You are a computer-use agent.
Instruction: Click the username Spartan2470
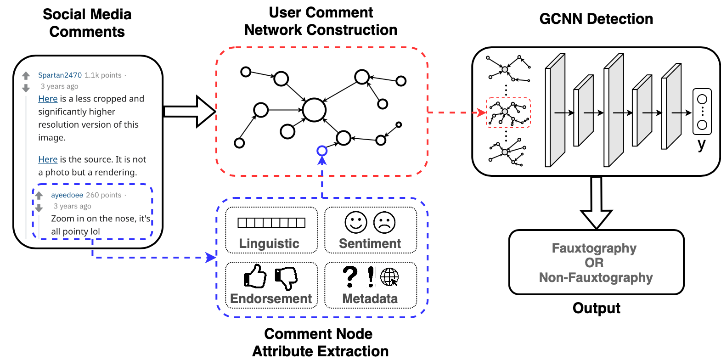[60, 75]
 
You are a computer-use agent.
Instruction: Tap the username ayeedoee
[67, 195]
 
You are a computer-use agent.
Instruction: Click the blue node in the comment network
[322, 151]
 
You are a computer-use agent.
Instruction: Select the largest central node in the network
[314, 110]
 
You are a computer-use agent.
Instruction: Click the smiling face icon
[356, 223]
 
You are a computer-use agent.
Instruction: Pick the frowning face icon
[384, 223]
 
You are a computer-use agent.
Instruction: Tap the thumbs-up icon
[255, 276]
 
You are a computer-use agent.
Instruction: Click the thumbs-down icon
[286, 278]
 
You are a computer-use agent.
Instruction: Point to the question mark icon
[350, 276]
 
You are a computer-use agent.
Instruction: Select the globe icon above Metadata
[389, 276]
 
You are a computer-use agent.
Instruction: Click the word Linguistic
[269, 243]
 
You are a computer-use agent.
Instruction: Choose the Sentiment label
[370, 243]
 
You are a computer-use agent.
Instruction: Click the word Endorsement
[271, 298]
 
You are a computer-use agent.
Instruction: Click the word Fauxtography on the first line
[594, 248]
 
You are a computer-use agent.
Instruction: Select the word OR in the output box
[594, 263]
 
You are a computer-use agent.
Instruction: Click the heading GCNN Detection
[596, 19]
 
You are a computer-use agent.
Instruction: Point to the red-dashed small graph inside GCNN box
[508, 112]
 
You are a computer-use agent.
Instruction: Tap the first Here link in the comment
[48, 99]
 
